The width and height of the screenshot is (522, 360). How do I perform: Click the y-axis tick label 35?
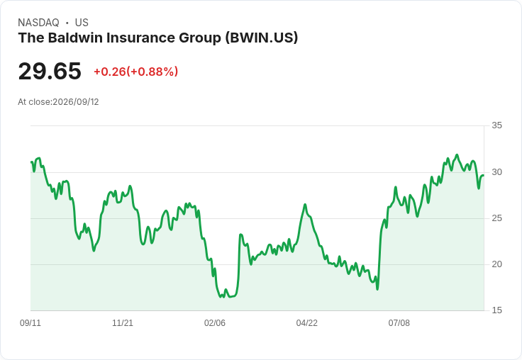496,125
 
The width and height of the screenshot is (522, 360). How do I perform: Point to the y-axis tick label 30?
496,172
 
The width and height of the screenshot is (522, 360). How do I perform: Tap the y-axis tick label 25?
496,218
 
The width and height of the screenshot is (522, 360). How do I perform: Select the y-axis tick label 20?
496,264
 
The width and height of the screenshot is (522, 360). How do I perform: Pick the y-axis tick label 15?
496,310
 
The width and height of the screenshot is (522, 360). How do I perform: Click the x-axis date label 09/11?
30,322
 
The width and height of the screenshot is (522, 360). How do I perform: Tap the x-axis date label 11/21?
123,322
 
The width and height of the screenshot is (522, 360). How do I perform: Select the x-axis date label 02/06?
215,322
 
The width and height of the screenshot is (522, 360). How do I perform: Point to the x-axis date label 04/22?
306,322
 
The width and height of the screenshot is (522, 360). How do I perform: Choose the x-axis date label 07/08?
399,322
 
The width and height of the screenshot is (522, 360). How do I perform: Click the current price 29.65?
50,71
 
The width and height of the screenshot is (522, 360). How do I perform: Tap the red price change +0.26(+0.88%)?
136,72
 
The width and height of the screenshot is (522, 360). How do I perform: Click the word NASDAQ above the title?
38,23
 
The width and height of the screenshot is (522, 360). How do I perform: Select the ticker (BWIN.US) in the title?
261,38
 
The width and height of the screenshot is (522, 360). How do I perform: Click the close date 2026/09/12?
76,102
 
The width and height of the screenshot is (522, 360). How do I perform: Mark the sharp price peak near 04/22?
305,205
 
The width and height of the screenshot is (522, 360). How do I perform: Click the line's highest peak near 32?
457,155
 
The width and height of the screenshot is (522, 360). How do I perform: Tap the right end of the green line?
484,176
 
